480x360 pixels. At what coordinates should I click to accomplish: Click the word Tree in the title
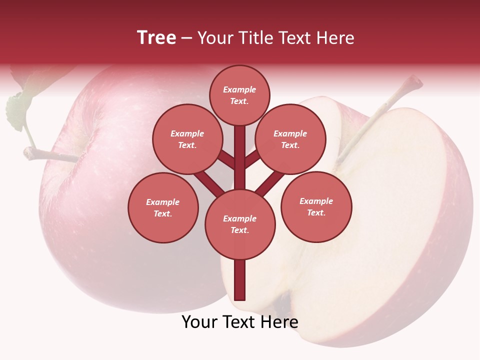point(156,38)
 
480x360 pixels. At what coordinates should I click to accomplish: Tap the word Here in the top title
point(335,38)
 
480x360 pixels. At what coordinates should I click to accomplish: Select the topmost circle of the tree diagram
point(239,95)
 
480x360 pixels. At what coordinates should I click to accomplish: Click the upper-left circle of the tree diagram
point(187,139)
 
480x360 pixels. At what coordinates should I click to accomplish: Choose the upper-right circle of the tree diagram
point(290,139)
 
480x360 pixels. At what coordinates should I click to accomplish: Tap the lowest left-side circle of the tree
point(163,207)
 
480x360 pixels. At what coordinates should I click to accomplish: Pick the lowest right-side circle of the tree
point(316,206)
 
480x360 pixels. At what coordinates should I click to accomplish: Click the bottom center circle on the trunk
point(240,224)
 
